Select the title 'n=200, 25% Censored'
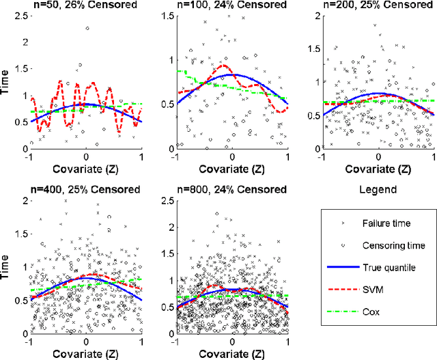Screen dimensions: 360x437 (379, 5)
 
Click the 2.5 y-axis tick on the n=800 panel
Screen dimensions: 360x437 (169, 199)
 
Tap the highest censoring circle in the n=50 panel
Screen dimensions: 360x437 (87, 29)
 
